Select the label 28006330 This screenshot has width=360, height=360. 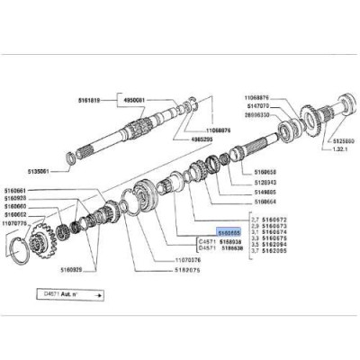pyautogui.click(x=262, y=114)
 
